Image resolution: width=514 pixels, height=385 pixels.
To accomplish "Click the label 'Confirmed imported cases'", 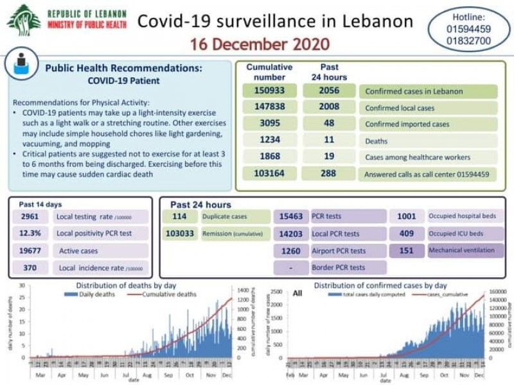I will [x=407, y=124].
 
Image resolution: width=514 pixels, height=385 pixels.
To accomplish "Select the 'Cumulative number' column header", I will [x=269, y=72].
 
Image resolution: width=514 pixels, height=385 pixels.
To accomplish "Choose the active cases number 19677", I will [x=30, y=250].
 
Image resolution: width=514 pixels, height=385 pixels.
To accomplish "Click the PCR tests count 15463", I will [x=292, y=217].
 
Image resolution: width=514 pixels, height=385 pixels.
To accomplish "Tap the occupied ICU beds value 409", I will [x=407, y=234].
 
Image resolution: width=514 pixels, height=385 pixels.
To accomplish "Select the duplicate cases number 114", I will [x=179, y=217].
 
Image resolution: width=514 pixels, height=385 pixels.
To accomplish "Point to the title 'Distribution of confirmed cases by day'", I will [x=380, y=285].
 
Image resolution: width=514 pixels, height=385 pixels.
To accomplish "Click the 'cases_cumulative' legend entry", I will [x=450, y=294].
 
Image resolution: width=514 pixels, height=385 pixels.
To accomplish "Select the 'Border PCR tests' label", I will [x=339, y=267].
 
